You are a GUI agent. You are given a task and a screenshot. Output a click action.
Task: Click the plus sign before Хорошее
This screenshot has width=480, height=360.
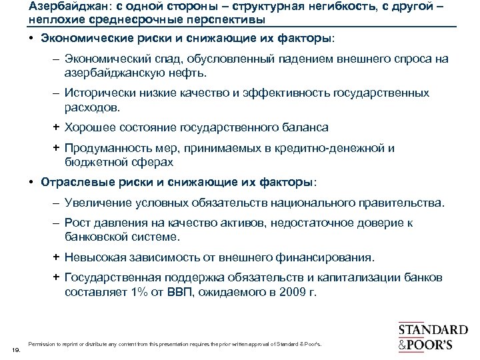click(57, 127)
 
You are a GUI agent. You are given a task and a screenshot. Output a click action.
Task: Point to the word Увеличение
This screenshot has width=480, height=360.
click(95, 202)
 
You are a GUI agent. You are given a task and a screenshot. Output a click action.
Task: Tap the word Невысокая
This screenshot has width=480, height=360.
click(93, 257)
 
